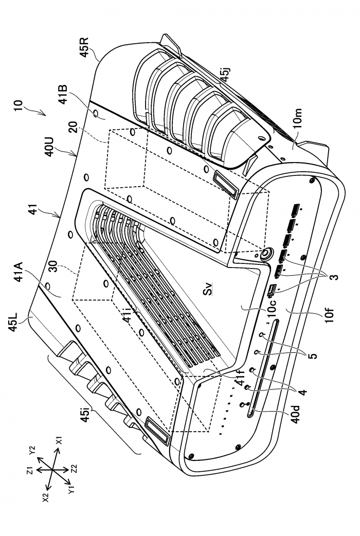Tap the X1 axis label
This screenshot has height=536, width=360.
[59, 441]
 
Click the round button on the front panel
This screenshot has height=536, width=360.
[266, 253]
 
